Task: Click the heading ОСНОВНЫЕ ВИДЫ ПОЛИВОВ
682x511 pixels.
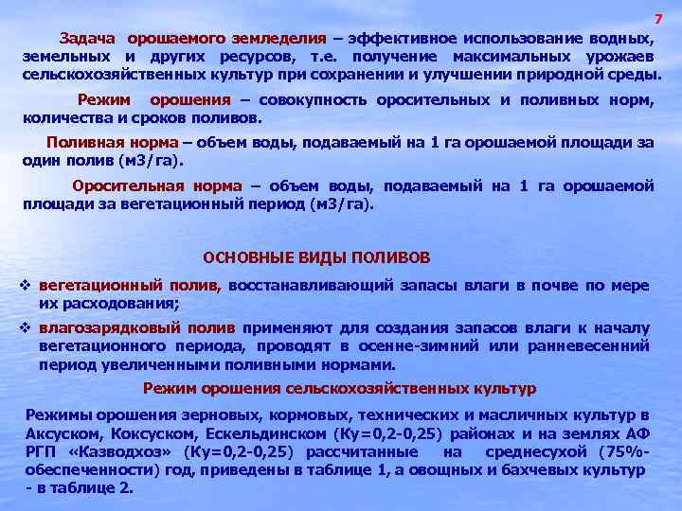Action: point(317,257)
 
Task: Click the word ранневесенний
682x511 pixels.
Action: point(593,345)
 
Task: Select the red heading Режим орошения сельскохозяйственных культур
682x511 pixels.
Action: point(339,388)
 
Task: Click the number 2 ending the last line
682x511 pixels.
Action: point(128,488)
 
